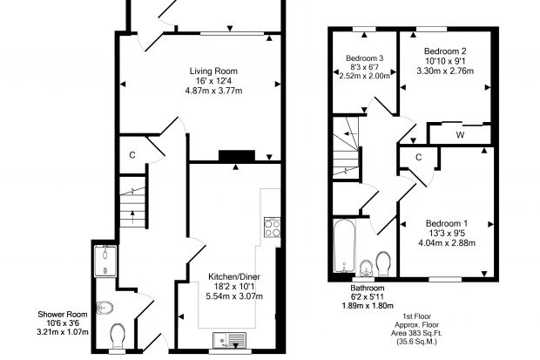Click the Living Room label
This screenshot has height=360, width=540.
coord(213,71)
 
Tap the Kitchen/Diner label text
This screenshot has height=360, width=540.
coord(234,276)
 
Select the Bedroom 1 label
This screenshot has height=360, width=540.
coord(447,223)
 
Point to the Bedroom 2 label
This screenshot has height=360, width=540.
coord(445,51)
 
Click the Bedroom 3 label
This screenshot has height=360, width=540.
coord(364,58)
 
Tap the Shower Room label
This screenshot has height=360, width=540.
coord(63,314)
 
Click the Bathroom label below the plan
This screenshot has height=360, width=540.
coord(368,288)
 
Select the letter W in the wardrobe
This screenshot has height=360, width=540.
coord(460,135)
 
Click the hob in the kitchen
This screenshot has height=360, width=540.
coord(272,228)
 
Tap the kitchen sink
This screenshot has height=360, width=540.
coord(229,340)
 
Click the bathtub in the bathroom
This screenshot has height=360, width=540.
coord(344,246)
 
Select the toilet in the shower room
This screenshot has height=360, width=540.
coord(118,335)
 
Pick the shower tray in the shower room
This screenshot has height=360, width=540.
coord(105,261)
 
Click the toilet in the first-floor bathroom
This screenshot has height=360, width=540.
coord(383,264)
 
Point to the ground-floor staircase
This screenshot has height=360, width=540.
coord(133,201)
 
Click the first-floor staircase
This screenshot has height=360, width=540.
coord(346,147)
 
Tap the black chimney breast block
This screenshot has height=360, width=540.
coord(237,155)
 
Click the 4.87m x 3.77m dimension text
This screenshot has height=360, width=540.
coord(213,91)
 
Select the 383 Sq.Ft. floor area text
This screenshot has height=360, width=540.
coord(416,334)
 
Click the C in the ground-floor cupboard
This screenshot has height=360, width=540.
coord(132,155)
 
